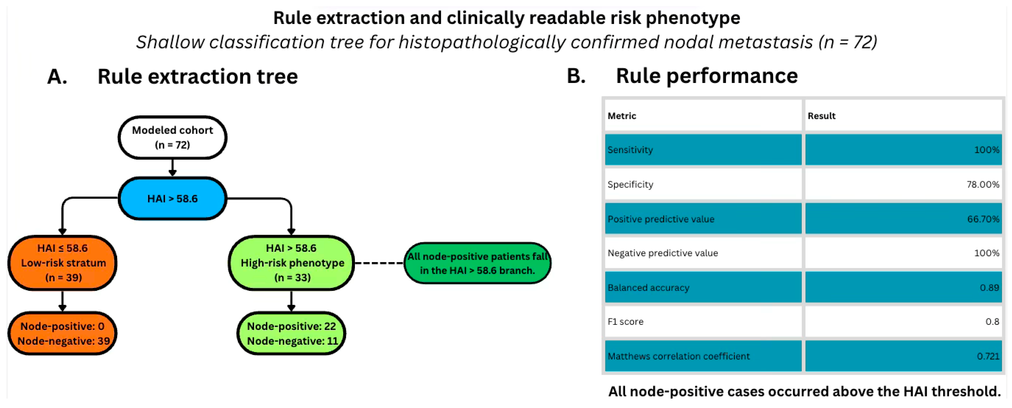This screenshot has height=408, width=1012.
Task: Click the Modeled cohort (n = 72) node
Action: click(172, 137)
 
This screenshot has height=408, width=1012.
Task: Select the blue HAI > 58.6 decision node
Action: click(172, 199)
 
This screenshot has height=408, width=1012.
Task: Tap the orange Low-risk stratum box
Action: click(62, 263)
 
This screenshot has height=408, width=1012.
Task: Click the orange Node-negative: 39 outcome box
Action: click(62, 333)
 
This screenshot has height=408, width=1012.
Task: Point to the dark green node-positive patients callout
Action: click(477, 263)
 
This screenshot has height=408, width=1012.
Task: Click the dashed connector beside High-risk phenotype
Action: click(379, 263)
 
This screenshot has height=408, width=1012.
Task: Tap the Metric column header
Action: click(622, 116)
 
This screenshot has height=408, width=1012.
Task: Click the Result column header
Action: click(821, 116)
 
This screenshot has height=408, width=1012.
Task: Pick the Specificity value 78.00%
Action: click(983, 184)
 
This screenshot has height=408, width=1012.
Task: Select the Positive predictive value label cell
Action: click(703, 219)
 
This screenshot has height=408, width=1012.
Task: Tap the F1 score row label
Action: click(625, 322)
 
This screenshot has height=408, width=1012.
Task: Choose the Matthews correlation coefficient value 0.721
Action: click(988, 356)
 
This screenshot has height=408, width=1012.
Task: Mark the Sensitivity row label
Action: click(630, 150)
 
